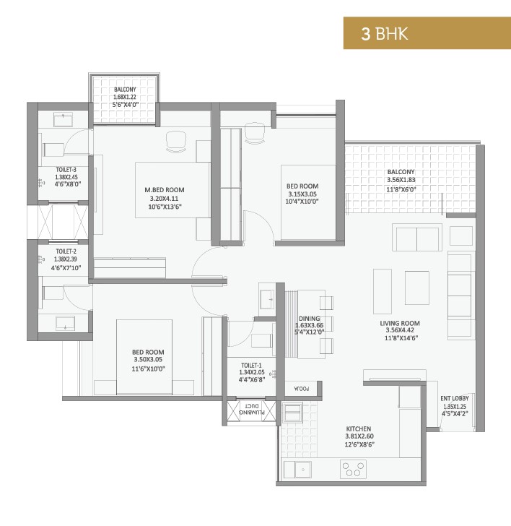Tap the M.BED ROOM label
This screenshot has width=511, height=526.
click(x=165, y=190)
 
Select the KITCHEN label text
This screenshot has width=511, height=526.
click(x=359, y=428)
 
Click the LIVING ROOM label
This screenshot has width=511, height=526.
click(x=400, y=324)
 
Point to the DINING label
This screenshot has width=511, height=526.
click(x=310, y=319)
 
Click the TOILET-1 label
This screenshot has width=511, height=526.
click(x=251, y=366)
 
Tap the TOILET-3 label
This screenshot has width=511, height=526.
click(x=66, y=170)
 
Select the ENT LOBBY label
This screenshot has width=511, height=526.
click(x=455, y=399)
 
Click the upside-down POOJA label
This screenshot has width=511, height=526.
click(x=302, y=389)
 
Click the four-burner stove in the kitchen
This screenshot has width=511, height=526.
click(x=353, y=470)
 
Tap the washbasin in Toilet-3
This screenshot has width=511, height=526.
click(x=64, y=120)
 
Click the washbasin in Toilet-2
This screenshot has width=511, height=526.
click(x=66, y=324)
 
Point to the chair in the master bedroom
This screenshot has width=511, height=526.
click(x=176, y=141)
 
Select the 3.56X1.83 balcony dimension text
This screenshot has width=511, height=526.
click(x=401, y=180)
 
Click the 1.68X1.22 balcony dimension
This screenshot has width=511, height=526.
click(x=125, y=97)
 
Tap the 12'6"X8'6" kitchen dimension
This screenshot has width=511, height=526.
click(x=359, y=445)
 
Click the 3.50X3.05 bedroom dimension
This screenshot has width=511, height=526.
click(x=148, y=360)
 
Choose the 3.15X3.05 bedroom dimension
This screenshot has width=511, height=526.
click(x=302, y=194)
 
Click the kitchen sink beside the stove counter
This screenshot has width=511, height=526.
click(x=297, y=470)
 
